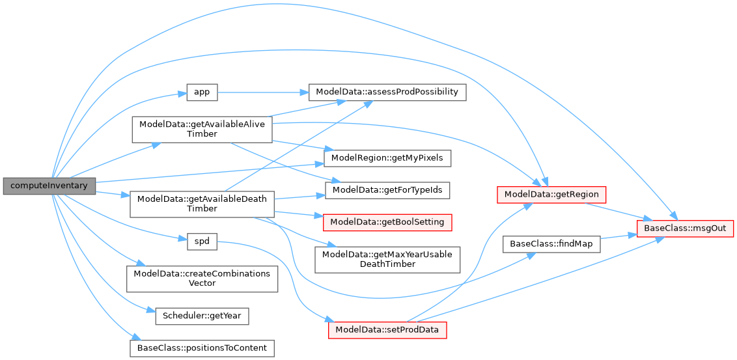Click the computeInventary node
[49, 186]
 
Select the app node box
[202, 92]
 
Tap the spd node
[202, 241]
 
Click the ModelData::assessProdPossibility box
[387, 92]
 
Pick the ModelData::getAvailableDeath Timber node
[202, 204]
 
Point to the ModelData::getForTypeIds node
[387, 190]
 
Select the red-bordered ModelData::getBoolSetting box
[387, 222]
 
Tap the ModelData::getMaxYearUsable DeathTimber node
[387, 259]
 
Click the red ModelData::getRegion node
[551, 193]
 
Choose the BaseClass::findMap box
[551, 243]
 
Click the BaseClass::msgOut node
[686, 228]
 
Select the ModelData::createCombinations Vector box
[202, 278]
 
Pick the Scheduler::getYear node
[202, 316]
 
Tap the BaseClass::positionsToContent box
[202, 348]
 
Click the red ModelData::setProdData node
[387, 329]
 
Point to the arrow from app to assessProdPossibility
[260, 92]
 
